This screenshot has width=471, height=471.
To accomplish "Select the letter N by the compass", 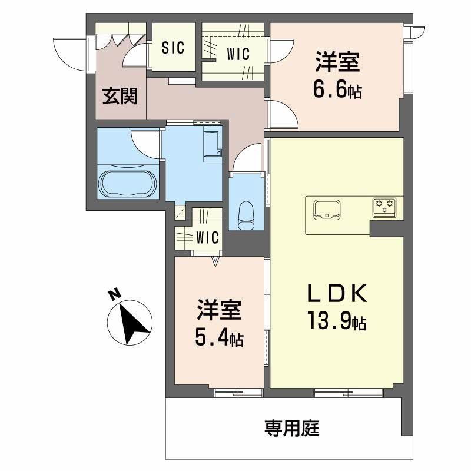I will pyautogui.click(x=115, y=294).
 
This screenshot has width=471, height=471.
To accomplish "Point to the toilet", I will pyautogui.click(x=246, y=215).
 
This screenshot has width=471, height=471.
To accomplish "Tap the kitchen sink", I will pyautogui.click(x=325, y=208).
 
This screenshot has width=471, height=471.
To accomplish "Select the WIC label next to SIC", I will pyautogui.click(x=238, y=53).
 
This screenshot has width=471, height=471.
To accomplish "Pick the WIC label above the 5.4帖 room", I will pyautogui.click(x=207, y=238).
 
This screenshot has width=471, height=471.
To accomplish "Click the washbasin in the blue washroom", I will pyautogui.click(x=211, y=145).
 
